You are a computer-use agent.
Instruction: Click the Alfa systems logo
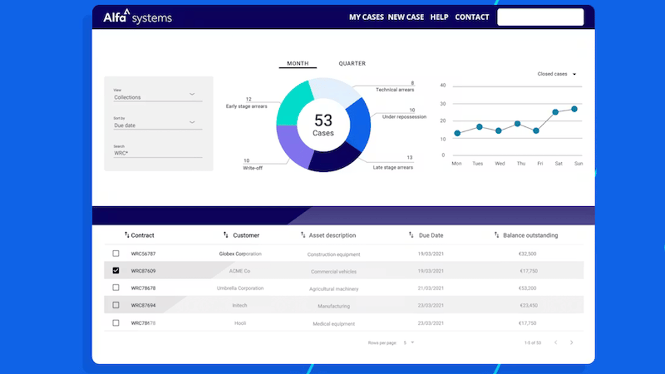tap(137, 17)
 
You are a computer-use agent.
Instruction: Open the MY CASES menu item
tap(366, 17)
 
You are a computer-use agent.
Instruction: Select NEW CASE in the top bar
tap(406, 17)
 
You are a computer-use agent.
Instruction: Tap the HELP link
tap(439, 17)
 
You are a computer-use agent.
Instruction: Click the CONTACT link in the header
tap(472, 17)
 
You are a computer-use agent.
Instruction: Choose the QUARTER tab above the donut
tap(352, 64)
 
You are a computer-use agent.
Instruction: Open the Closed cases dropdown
tap(556, 74)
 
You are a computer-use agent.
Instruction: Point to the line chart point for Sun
tap(574, 109)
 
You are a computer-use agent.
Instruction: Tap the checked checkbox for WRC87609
tap(116, 270)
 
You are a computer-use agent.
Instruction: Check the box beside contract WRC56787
tap(116, 253)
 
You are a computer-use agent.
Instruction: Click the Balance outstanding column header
tap(530, 235)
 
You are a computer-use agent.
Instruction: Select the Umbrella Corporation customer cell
tap(240, 288)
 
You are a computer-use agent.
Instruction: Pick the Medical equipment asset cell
tap(334, 324)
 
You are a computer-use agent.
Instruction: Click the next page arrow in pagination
tap(571, 343)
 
